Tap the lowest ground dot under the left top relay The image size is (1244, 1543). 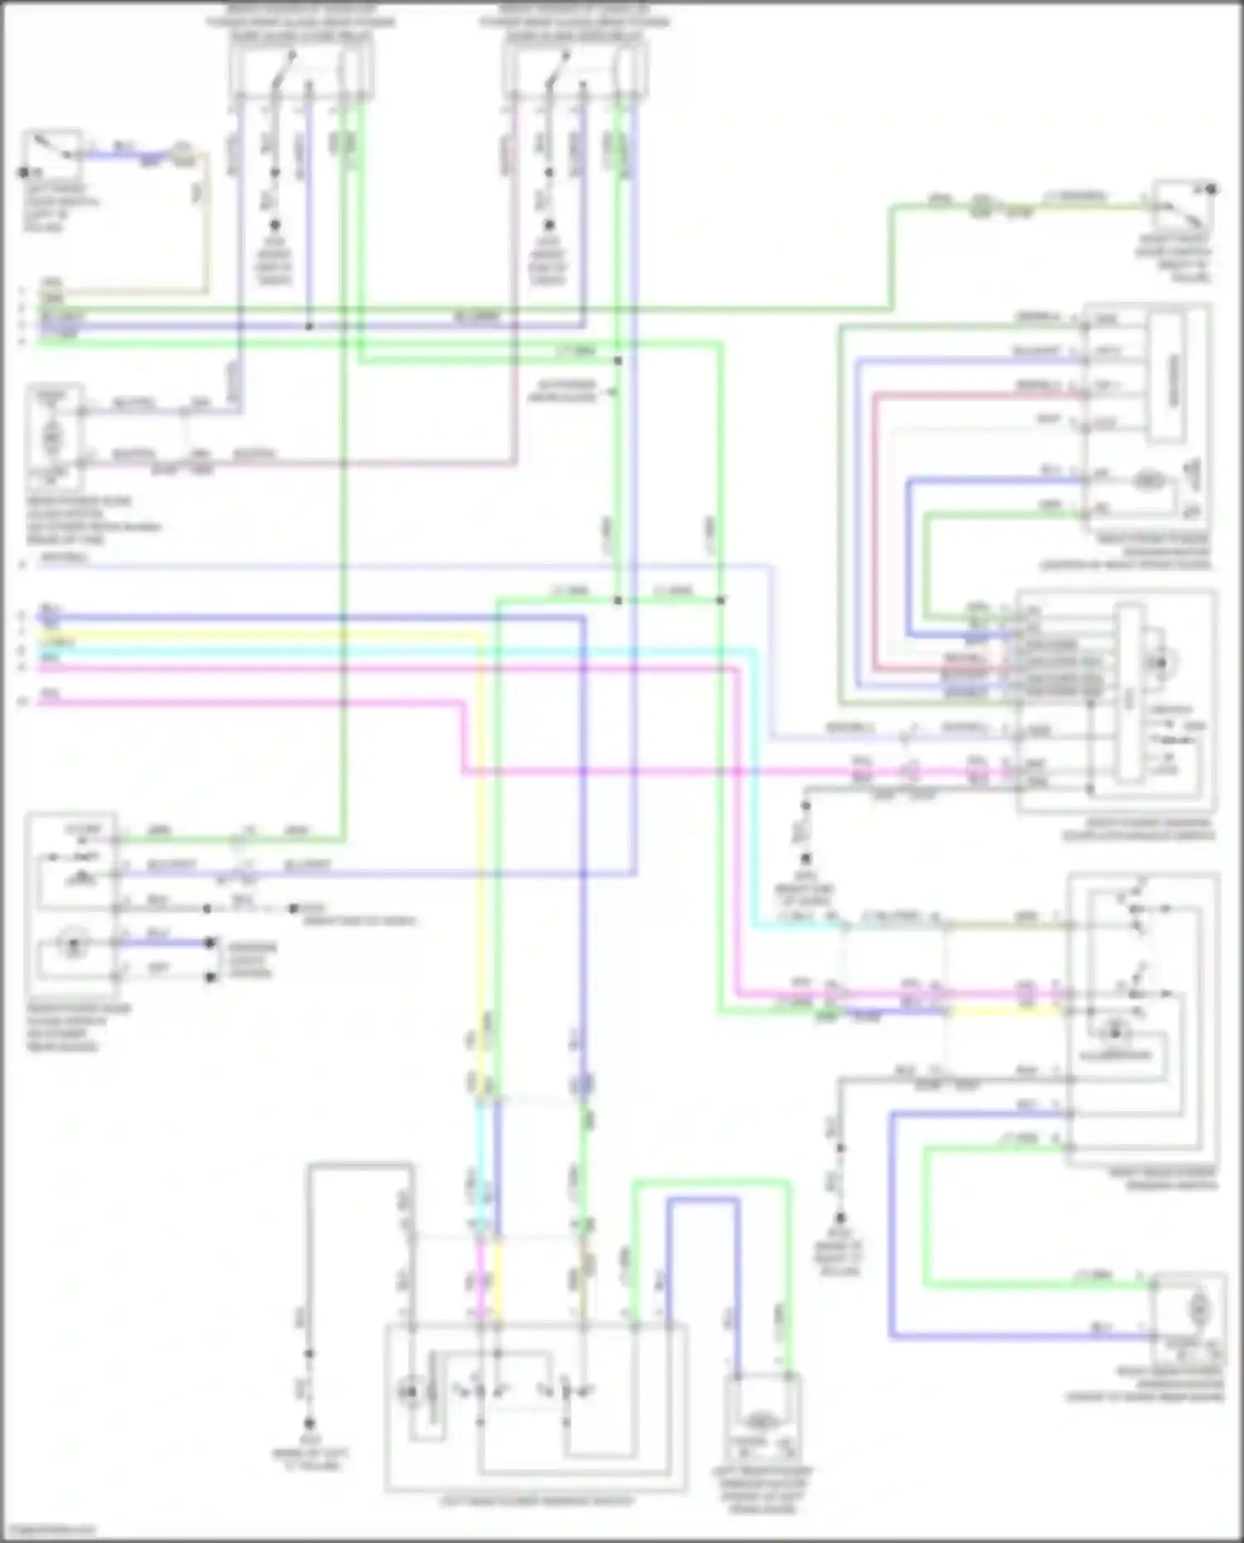click(275, 226)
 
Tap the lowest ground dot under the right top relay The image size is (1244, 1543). click(548, 226)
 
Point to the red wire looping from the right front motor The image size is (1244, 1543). click(875, 531)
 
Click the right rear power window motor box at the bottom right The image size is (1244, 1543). click(1188, 1318)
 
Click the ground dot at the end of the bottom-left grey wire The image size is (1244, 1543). click(309, 1422)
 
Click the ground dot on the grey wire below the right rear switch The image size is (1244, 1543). click(840, 1218)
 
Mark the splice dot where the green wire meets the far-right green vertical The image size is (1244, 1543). click(720, 600)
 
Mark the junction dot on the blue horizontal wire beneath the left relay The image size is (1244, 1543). click(309, 327)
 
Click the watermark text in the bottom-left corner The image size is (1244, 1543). click(48, 1531)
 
